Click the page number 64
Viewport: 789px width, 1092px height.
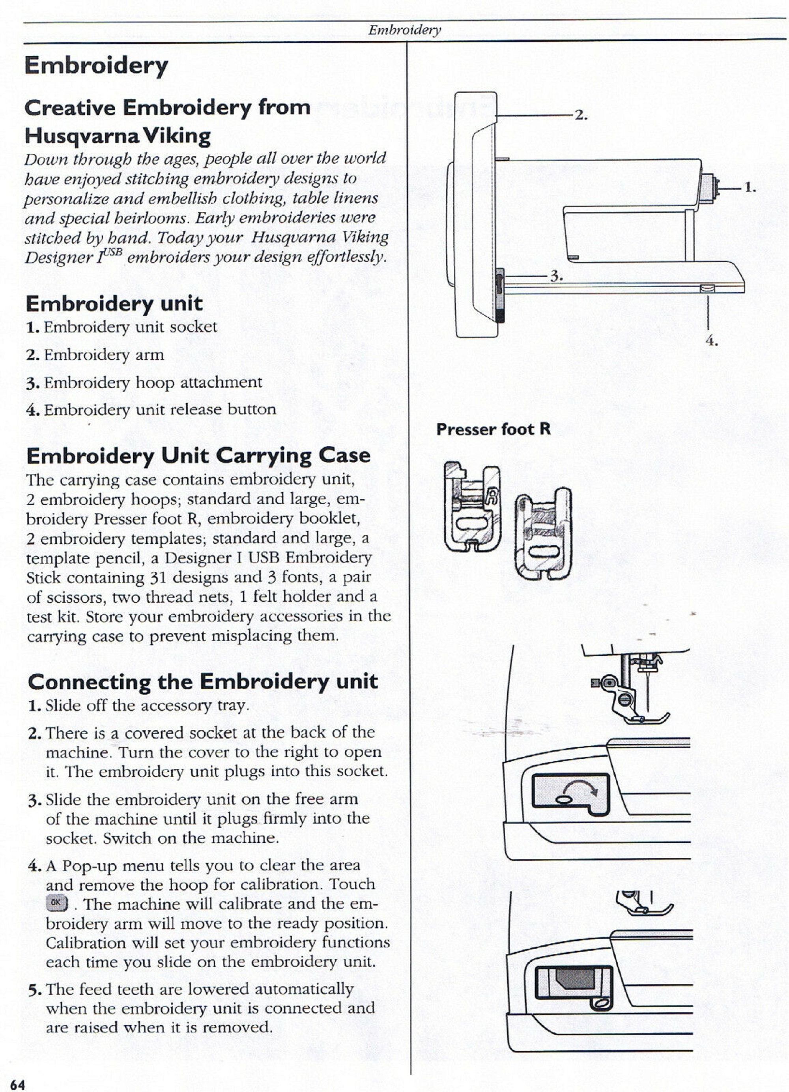(x=17, y=1084)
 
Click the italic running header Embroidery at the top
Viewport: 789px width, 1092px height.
(x=404, y=30)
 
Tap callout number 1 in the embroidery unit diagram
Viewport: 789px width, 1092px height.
(x=750, y=188)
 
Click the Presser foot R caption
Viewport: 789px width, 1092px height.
(x=493, y=429)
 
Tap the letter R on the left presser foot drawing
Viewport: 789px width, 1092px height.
(x=492, y=496)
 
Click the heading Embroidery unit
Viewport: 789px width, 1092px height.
(x=114, y=303)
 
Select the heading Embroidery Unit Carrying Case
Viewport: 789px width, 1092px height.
(x=198, y=455)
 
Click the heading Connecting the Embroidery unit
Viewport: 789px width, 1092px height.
(x=203, y=681)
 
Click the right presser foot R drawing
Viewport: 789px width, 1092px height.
(x=543, y=533)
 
